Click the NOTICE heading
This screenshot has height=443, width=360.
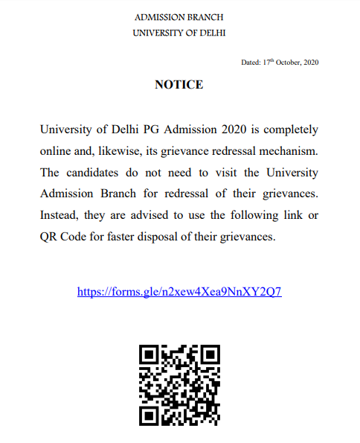coord(179,85)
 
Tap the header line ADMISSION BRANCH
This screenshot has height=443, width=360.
coord(179,17)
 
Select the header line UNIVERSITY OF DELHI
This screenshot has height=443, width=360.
coord(179,33)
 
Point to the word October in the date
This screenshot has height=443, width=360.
coord(288,62)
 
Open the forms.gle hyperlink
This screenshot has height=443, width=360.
coord(179,292)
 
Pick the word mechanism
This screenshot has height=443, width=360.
coord(290,151)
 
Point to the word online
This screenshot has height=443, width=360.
coord(57,151)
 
